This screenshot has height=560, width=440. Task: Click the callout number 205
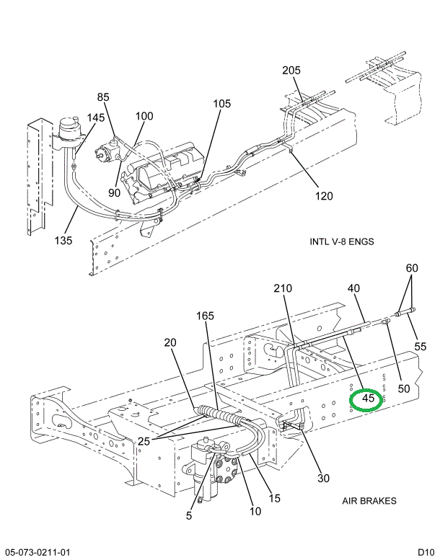point(291,71)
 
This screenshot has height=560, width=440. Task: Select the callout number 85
point(103,97)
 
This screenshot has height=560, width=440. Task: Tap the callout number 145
point(96,117)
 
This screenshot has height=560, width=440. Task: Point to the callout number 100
point(144,116)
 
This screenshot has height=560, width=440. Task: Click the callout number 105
point(221,104)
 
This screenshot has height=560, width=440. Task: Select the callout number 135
point(63,241)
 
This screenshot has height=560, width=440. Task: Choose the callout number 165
point(206,315)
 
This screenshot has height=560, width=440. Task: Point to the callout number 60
point(411,269)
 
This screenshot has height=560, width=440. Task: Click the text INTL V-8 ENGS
point(341,241)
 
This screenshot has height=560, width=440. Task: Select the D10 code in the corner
point(425,552)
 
